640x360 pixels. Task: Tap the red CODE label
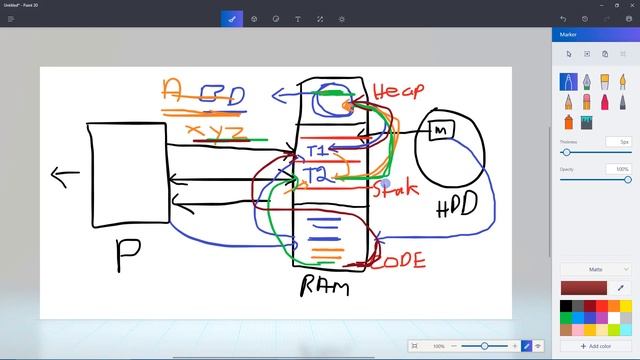[x=399, y=262]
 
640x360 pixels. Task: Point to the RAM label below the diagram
[x=325, y=288]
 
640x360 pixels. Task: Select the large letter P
[x=127, y=255]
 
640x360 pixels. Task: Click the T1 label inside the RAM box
[x=317, y=151]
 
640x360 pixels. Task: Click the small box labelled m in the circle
[x=440, y=129]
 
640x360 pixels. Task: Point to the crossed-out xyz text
[x=217, y=132]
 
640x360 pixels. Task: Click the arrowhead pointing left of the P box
[x=58, y=177]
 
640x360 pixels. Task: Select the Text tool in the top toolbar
[x=298, y=19]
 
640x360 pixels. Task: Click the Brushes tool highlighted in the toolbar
[x=232, y=19]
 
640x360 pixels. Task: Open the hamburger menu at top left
[x=11, y=19]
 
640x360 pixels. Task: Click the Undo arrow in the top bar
[x=563, y=19]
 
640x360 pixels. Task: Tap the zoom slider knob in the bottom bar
[x=484, y=346]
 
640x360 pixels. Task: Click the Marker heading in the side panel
[x=570, y=34]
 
